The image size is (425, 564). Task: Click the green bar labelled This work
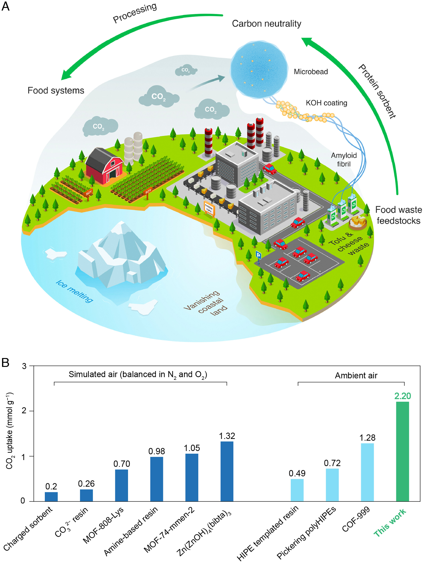coord(402,451)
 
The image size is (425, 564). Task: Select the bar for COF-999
coord(367,472)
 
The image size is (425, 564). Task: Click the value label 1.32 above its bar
coord(227,436)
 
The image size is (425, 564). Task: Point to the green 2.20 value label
coord(403,396)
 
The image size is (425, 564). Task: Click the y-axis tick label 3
coord(24,366)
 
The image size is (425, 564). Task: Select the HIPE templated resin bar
coord(297,490)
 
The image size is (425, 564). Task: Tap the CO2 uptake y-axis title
coord(9,431)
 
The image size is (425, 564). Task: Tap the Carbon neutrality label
coord(266,24)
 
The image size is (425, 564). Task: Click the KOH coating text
coord(326,103)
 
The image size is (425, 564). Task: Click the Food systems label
coord(56,90)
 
